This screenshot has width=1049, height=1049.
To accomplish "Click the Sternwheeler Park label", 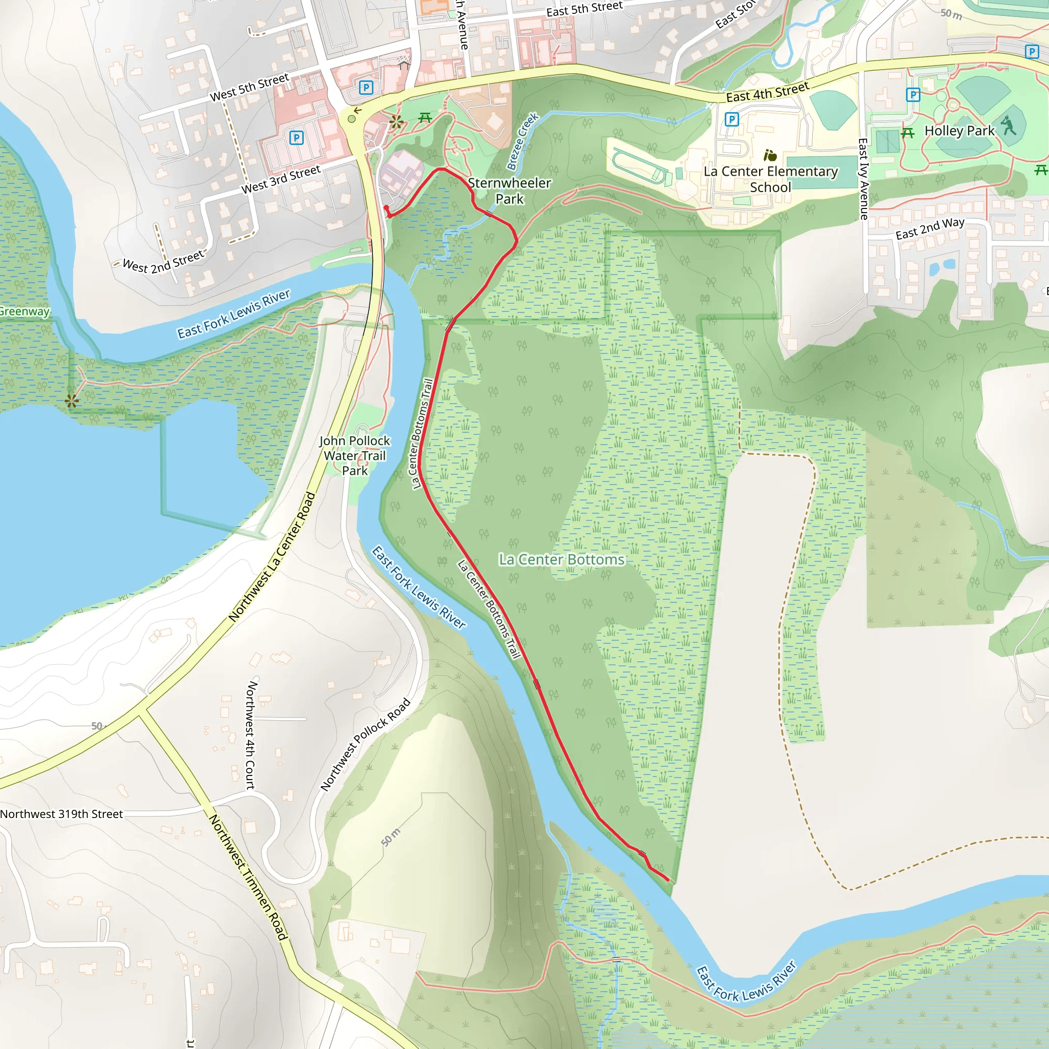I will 509,191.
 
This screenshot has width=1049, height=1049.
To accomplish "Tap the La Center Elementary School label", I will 770,179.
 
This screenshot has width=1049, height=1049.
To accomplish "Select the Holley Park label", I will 959,131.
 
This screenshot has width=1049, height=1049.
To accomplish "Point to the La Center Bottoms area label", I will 561,560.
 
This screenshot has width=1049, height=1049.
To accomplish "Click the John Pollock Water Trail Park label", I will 354,456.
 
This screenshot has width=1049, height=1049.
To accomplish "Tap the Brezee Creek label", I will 522,141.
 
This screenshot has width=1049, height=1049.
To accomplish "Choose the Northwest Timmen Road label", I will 248,877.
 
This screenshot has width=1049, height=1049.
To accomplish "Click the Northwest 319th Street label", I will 61,814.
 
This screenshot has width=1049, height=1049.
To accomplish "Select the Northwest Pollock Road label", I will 365,745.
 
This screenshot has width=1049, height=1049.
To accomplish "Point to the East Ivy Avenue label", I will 863,179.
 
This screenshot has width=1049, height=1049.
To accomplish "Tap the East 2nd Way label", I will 930,228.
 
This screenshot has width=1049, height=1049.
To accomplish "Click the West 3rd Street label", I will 281,180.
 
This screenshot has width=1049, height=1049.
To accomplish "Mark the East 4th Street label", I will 768,92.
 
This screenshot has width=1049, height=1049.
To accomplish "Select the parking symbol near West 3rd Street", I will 297,137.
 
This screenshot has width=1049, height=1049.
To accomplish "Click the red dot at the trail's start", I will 387,208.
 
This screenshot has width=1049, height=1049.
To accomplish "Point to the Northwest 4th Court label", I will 250,735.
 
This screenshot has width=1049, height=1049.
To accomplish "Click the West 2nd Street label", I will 163,261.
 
